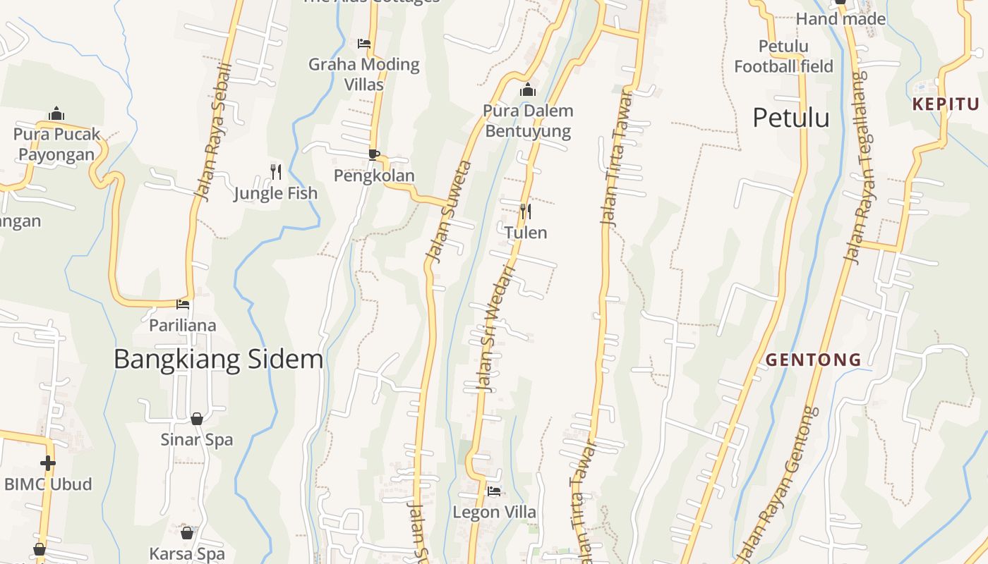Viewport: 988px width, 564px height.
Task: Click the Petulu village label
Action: (x=790, y=117)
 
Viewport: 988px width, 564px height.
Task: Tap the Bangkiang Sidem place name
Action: (x=218, y=359)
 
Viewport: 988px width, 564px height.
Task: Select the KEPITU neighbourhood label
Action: (x=946, y=104)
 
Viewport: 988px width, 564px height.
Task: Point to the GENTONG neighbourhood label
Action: (x=814, y=360)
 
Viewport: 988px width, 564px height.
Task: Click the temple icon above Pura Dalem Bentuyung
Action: (x=527, y=90)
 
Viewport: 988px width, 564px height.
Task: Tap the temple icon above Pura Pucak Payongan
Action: (x=56, y=114)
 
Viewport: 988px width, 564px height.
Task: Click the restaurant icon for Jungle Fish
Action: (x=276, y=171)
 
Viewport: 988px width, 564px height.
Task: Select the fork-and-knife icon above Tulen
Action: (x=525, y=211)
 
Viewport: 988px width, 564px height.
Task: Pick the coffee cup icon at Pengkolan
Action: (x=373, y=154)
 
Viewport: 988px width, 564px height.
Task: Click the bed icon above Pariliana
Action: (x=183, y=305)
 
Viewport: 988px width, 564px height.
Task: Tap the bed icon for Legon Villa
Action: (x=494, y=491)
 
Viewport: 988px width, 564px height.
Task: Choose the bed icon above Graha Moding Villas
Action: (x=364, y=44)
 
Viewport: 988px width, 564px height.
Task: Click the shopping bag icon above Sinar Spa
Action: (x=197, y=419)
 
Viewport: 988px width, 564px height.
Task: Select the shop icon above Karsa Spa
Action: (x=187, y=533)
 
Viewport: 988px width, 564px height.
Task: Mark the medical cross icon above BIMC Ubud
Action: (x=47, y=463)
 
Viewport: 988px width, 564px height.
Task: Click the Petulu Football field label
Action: (x=783, y=56)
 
